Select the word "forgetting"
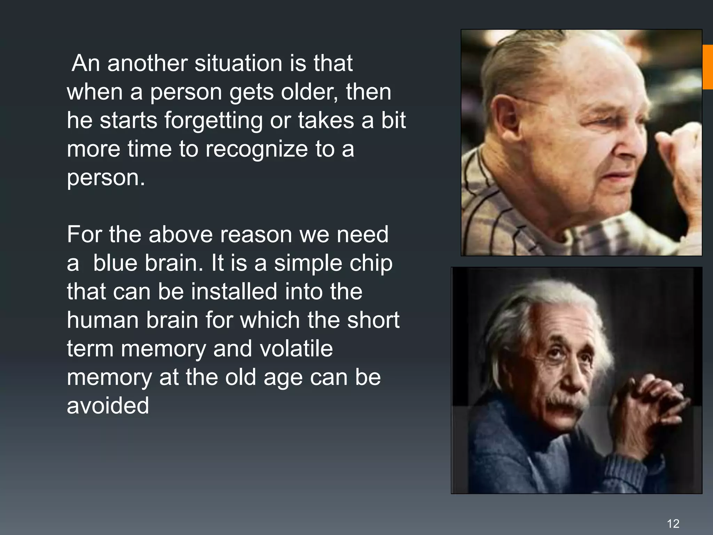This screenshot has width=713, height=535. [213, 121]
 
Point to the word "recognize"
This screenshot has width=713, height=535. [257, 149]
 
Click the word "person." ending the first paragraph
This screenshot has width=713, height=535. [106, 178]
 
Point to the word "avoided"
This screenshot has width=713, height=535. [108, 406]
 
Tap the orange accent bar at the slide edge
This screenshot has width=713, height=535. [708, 67]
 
